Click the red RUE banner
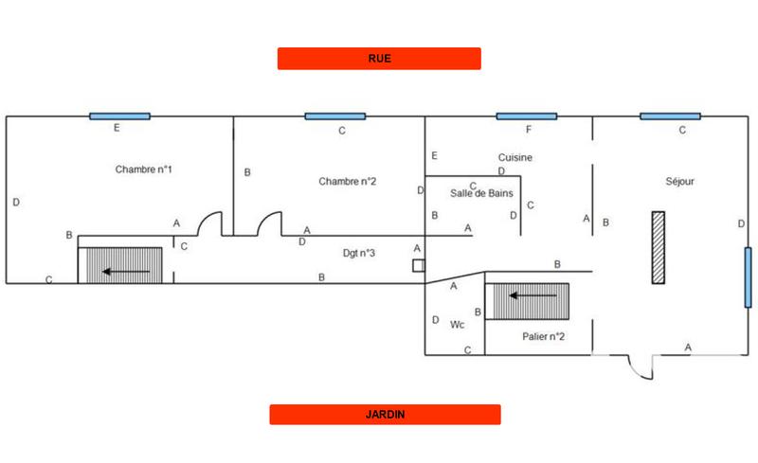click(x=379, y=59)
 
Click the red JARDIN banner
click(x=385, y=415)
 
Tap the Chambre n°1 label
click(x=143, y=169)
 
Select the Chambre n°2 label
click(x=348, y=181)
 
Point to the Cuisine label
click(x=514, y=157)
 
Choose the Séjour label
click(x=680, y=180)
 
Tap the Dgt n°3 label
click(x=359, y=253)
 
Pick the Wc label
click(x=457, y=325)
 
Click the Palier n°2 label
click(x=544, y=336)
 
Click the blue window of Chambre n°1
click(x=119, y=116)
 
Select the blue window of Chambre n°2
click(x=334, y=116)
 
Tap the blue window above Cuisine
click(x=526, y=116)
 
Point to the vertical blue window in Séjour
click(x=747, y=276)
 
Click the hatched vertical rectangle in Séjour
click(x=658, y=247)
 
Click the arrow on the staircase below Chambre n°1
click(x=127, y=273)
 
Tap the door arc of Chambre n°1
click(x=209, y=223)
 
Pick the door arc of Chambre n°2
click(x=270, y=223)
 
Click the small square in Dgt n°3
click(x=418, y=266)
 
